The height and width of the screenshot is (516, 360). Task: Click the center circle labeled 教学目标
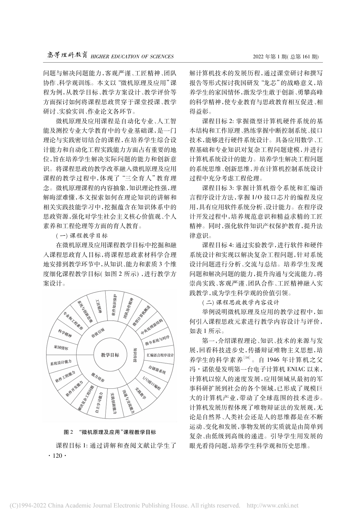tap(110, 355)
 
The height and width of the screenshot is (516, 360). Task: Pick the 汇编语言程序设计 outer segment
tap(160, 355)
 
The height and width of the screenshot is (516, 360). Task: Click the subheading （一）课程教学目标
tap(82, 236)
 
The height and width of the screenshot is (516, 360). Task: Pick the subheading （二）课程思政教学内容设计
tap(241, 302)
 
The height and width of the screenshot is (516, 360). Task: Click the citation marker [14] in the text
tap(247, 358)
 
